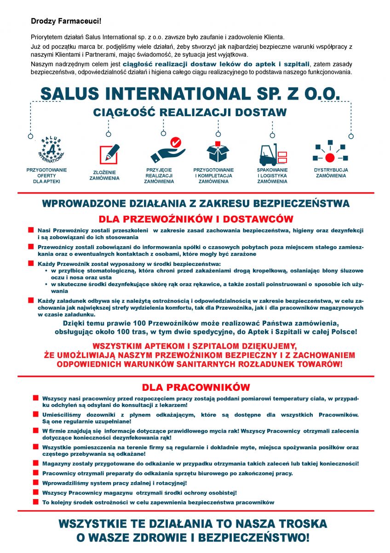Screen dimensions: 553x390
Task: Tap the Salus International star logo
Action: (x=51, y=149)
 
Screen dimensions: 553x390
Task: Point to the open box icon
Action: (x=218, y=151)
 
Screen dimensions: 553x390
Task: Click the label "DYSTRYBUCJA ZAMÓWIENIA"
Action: (x=331, y=173)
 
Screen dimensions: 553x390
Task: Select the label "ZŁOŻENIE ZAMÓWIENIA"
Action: (x=104, y=175)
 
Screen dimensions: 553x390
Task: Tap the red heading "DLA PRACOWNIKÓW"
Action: (x=196, y=387)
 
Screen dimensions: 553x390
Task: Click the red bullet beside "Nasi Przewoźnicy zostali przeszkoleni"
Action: (x=31, y=229)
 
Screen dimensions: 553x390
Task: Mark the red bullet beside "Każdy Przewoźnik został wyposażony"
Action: (x=31, y=264)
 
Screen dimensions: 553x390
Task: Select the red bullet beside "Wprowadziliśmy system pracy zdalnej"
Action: (x=36, y=482)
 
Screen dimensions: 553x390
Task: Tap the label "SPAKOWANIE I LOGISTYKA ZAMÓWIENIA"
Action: (x=272, y=176)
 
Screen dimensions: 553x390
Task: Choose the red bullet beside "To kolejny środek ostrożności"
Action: (x=36, y=502)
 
